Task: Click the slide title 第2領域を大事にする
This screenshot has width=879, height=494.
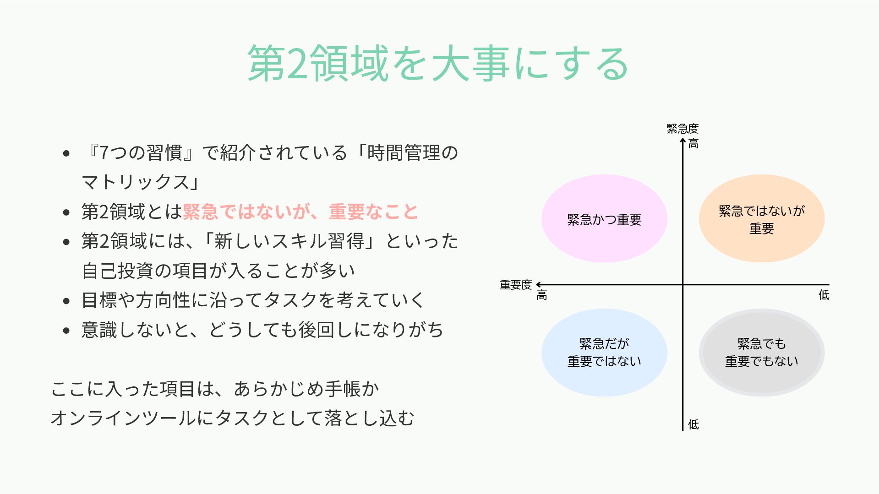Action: pyautogui.click(x=438, y=63)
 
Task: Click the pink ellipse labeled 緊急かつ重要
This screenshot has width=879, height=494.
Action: pyautogui.click(x=604, y=218)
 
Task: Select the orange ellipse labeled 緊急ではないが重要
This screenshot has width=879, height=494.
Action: pyautogui.click(x=761, y=218)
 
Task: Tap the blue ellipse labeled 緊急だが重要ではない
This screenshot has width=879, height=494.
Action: pyautogui.click(x=604, y=353)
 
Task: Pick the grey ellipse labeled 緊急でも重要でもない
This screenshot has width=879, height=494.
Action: pyautogui.click(x=761, y=353)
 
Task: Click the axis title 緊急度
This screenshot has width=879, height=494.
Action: pyautogui.click(x=682, y=129)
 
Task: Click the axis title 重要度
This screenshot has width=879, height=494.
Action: pyautogui.click(x=515, y=285)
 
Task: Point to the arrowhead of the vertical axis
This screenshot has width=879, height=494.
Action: pyautogui.click(x=682, y=140)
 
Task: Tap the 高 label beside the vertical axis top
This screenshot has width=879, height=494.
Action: pyautogui.click(x=693, y=144)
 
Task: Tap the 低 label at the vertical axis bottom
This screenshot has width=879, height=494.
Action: pyautogui.click(x=693, y=424)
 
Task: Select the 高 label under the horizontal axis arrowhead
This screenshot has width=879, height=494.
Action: pyautogui.click(x=542, y=295)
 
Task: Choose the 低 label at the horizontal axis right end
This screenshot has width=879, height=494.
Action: pyautogui.click(x=824, y=295)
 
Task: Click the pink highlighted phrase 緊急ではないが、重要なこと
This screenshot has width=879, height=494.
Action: pyautogui.click(x=300, y=212)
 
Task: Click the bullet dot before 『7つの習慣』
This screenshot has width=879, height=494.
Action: pyautogui.click(x=66, y=153)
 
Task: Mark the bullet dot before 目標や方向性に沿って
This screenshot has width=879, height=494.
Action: pyautogui.click(x=66, y=301)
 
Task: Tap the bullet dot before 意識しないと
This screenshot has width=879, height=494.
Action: pyautogui.click(x=66, y=331)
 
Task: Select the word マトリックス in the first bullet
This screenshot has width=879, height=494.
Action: pyautogui.click(x=136, y=182)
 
